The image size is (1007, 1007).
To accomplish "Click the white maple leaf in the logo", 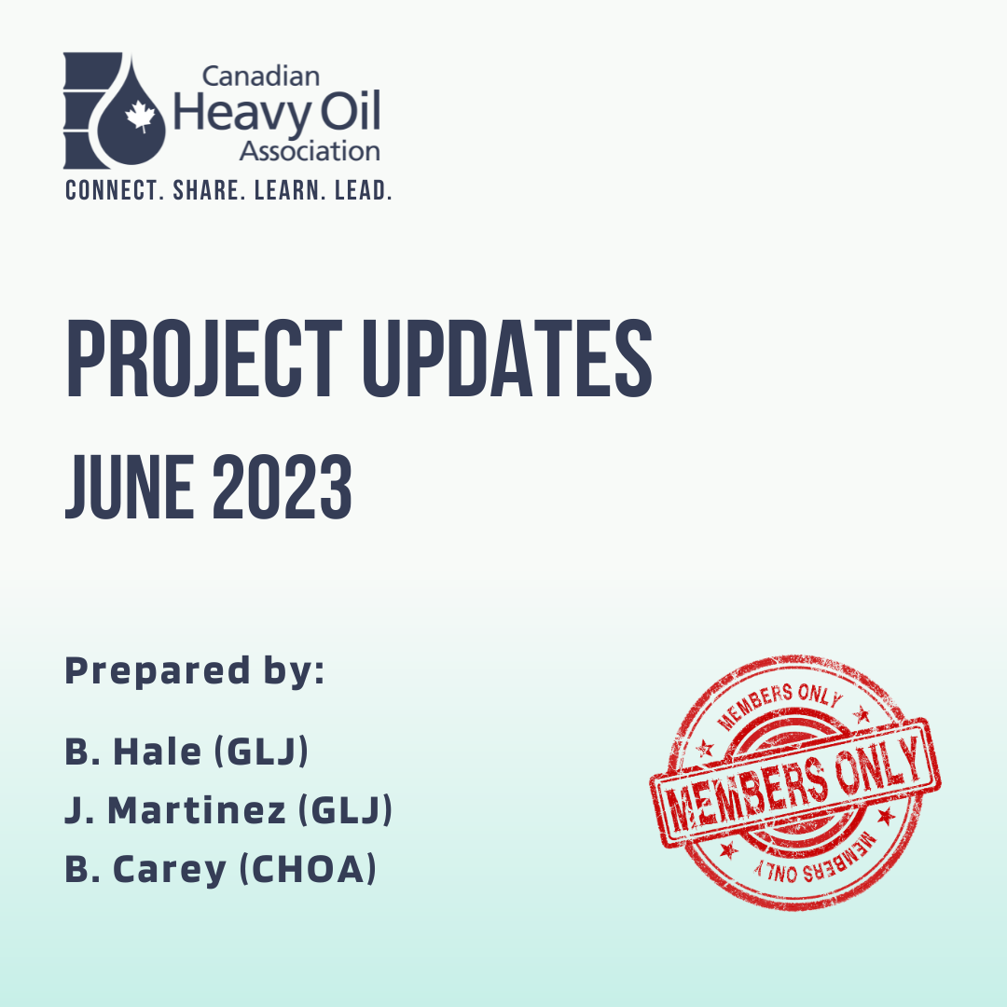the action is point(141,117).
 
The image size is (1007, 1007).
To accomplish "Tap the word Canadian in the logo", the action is point(261,76).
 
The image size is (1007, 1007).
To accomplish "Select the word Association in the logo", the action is point(310,152).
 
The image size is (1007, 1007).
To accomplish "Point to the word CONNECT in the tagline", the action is point(111,190).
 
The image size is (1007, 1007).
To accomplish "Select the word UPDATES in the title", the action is point(508,358).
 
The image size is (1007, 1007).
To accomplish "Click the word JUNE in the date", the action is point(130,486).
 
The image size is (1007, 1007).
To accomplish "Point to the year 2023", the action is point(282,486).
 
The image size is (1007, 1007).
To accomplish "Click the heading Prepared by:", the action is point(195,672).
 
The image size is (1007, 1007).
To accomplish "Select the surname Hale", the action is point(158,751).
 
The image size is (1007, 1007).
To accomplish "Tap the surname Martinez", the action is point(197,810).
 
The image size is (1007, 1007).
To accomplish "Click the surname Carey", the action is point(170,870).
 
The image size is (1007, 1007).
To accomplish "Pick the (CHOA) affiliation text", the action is point(308,869).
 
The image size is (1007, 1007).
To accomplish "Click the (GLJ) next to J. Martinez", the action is point(346,810).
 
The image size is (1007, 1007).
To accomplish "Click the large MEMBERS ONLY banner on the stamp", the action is point(795,781).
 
